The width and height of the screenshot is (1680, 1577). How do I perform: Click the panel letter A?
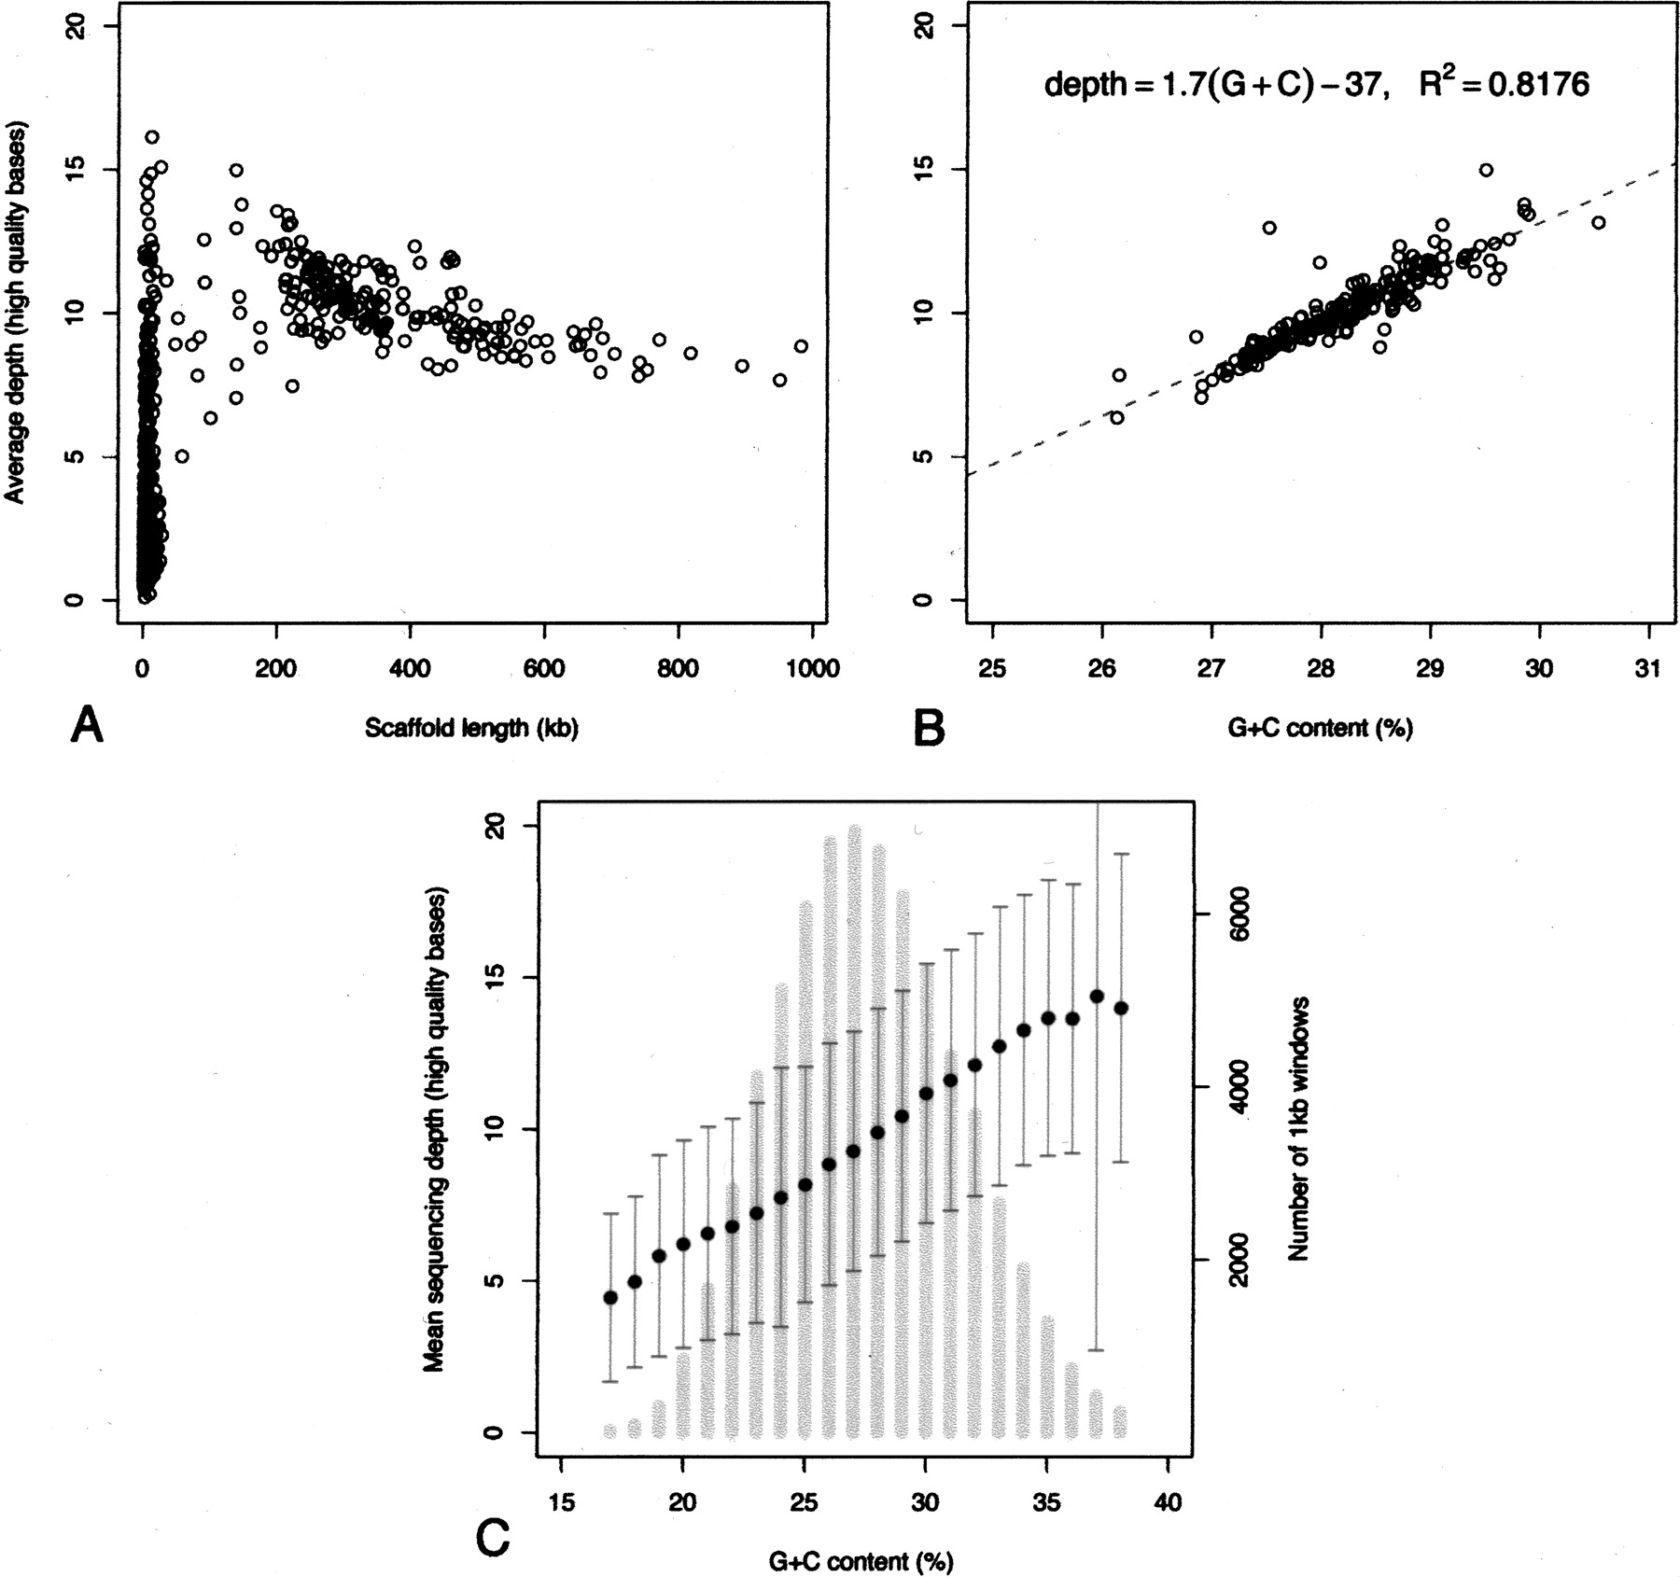click(x=87, y=724)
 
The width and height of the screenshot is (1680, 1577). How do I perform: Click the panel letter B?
click(x=930, y=726)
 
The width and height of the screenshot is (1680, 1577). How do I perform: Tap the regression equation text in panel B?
click(x=1316, y=85)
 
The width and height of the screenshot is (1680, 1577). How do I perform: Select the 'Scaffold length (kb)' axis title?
click(x=471, y=728)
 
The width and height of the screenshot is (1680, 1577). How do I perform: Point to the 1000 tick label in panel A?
click(x=812, y=668)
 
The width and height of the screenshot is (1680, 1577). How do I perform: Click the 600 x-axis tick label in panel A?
click(x=544, y=668)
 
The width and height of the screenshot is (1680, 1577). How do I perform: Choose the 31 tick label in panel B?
click(x=1649, y=668)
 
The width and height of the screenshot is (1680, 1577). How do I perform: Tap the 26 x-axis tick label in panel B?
click(x=1102, y=668)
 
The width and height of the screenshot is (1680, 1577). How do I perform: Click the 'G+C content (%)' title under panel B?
click(x=1320, y=728)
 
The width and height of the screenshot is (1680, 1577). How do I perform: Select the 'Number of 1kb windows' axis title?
click(x=1299, y=1129)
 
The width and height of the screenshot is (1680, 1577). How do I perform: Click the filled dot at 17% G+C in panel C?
click(x=610, y=1297)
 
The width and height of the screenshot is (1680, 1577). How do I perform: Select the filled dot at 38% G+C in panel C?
click(x=1121, y=1008)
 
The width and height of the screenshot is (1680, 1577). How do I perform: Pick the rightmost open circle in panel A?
click(x=801, y=346)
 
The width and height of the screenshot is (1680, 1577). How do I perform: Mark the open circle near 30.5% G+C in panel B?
click(x=1598, y=222)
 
